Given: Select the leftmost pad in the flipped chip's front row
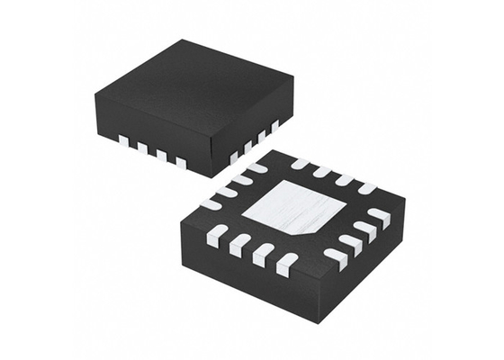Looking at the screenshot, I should click(x=217, y=236).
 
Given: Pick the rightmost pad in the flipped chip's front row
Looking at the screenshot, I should click(x=286, y=265).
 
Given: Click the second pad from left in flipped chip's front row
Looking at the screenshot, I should click(x=240, y=245).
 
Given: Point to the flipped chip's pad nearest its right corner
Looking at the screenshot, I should click(x=380, y=217).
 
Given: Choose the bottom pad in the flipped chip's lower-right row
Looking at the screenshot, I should click(x=335, y=257).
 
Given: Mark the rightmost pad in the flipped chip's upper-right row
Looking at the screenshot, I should click(x=367, y=187).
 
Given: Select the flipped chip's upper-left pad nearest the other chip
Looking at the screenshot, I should click(x=257, y=166).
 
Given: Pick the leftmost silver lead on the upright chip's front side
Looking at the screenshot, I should click(x=122, y=139).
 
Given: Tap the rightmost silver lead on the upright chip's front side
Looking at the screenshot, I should click(x=181, y=163).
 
